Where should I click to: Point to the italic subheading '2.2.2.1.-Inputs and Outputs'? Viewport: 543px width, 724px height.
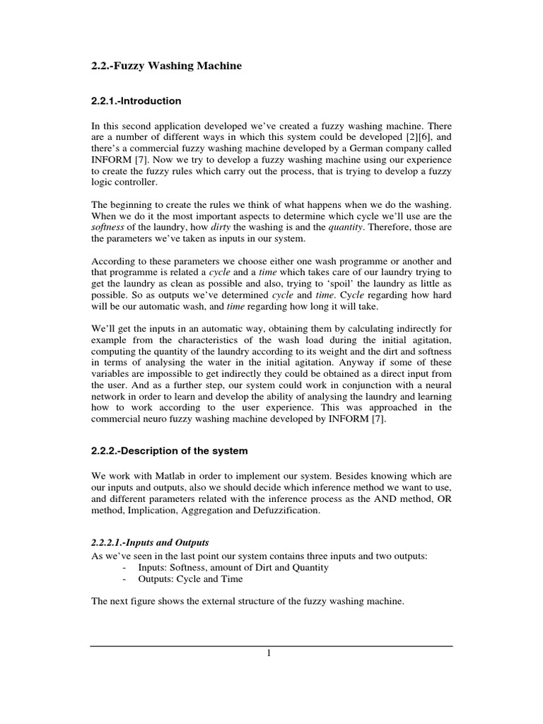(150, 542)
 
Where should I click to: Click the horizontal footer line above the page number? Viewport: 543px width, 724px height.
(271, 646)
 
